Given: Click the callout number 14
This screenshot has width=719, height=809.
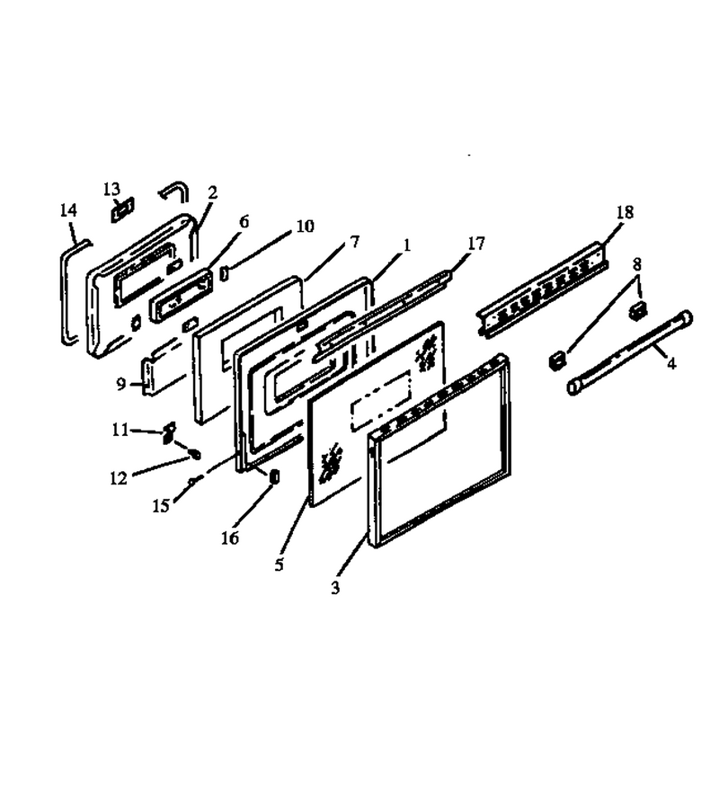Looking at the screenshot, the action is [x=68, y=210].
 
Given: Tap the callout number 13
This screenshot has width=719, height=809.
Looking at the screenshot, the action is [x=111, y=189].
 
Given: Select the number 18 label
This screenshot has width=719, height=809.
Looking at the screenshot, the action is [x=625, y=212].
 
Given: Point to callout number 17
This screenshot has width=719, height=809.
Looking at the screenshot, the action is [x=476, y=243].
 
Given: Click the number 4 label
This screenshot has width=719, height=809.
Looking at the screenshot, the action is [x=671, y=364].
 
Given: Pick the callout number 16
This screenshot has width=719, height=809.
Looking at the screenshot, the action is [x=230, y=538].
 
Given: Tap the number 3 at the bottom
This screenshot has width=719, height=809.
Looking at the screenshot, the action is [x=335, y=587].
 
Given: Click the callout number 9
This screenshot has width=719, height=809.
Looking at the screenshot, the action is [x=120, y=384].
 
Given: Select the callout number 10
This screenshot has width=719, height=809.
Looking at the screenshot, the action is [x=305, y=226].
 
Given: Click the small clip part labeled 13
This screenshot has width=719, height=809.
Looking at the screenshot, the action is [x=123, y=210].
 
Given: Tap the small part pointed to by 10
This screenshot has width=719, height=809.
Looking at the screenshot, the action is [x=225, y=273].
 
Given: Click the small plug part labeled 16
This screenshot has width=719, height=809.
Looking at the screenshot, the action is [x=274, y=476].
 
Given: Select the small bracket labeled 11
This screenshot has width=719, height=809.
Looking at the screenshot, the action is [x=169, y=432].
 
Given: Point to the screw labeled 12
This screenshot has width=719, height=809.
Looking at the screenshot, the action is [x=194, y=455].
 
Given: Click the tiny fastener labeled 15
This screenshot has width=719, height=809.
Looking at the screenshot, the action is [x=191, y=481].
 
